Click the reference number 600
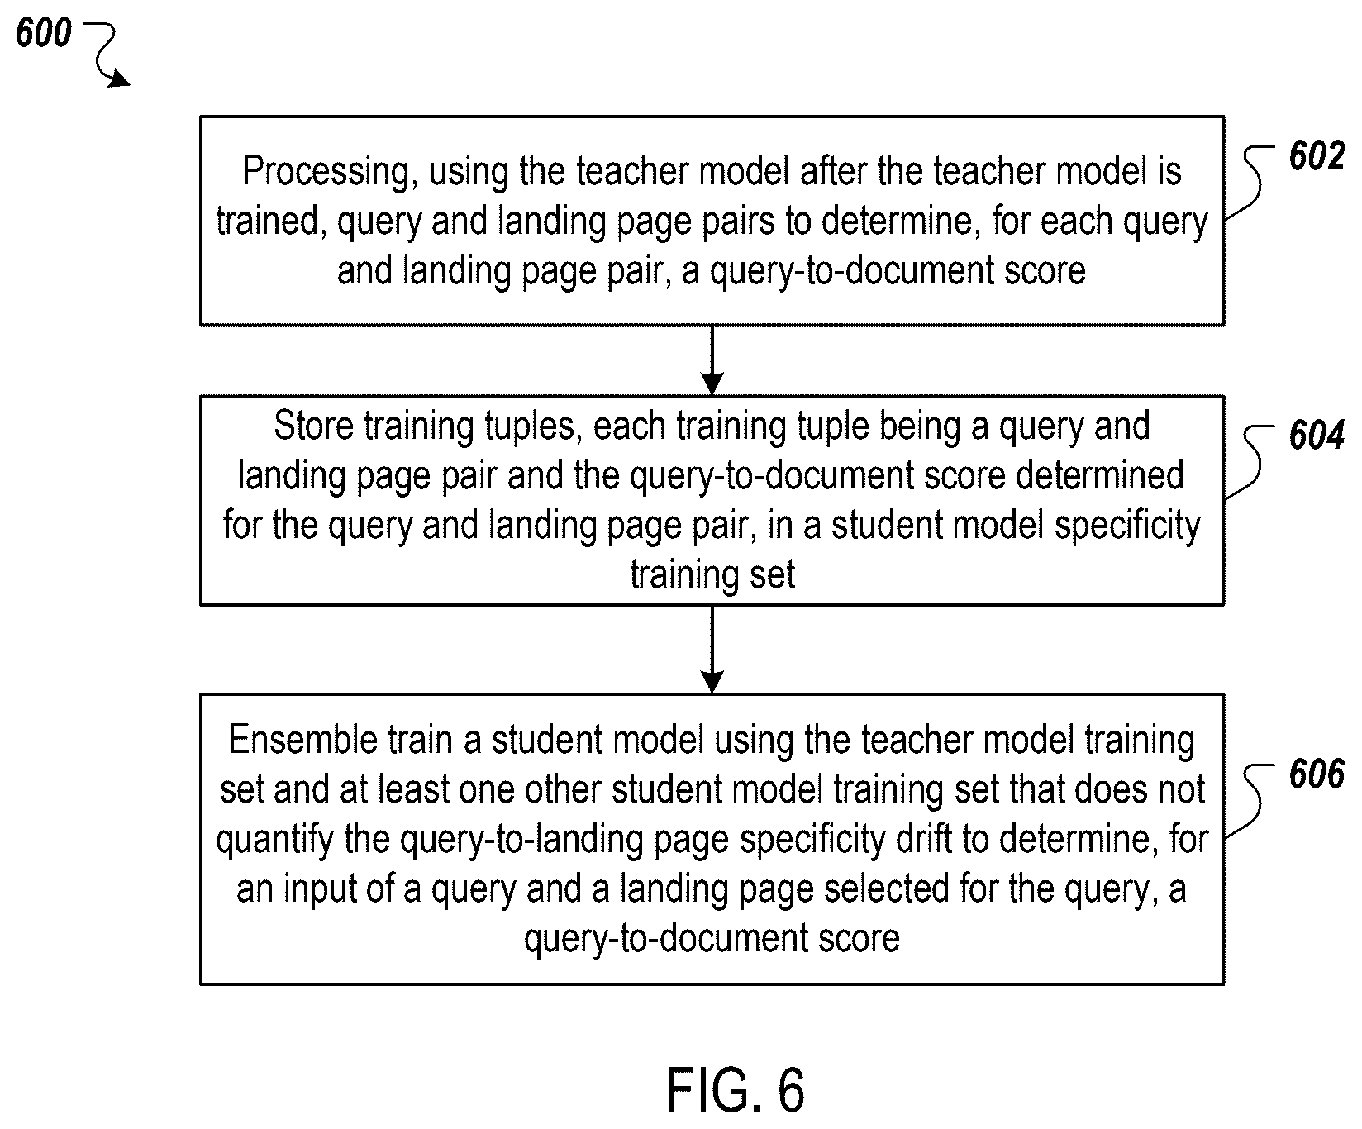coord(44,34)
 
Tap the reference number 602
coord(1317,157)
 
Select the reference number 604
coord(1317,436)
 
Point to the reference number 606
coord(1317,774)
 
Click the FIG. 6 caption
coord(736,1091)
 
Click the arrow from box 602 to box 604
coord(712,360)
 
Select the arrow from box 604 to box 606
coord(712,649)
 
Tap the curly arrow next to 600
coord(107,56)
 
